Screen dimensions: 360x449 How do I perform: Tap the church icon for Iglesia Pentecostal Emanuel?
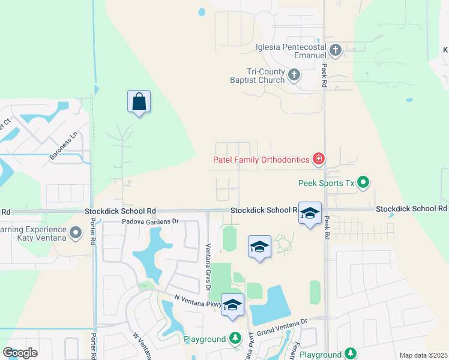(336, 50)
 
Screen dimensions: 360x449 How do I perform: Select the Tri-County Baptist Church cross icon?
(294, 75)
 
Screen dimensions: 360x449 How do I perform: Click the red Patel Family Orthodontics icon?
(318, 159)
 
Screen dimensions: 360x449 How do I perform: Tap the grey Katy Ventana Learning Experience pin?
(76, 232)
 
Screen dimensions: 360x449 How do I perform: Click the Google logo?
(20, 353)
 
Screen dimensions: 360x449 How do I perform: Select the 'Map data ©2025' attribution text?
(423, 355)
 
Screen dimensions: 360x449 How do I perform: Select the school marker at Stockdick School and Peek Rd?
(310, 214)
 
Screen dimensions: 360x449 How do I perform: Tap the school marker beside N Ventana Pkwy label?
(232, 306)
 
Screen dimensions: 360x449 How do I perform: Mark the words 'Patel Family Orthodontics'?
(261, 160)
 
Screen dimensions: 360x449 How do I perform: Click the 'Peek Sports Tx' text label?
(326, 182)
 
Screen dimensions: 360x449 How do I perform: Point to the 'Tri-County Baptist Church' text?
(257, 76)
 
